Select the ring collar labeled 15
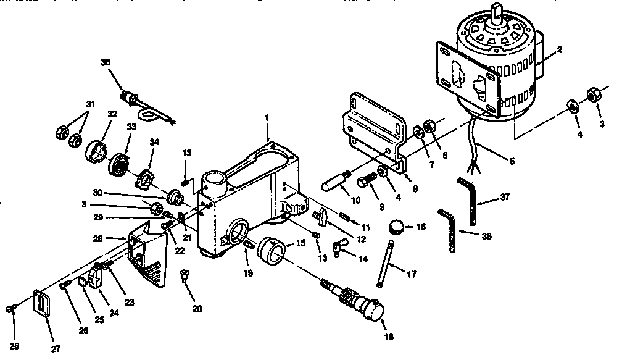point(273,252)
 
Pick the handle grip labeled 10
point(338,183)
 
